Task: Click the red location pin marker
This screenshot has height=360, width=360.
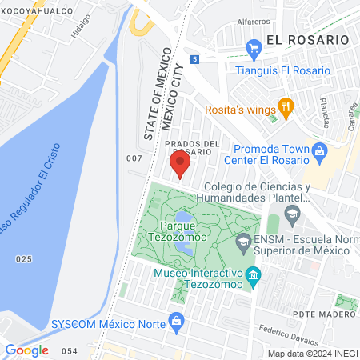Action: pos(180,165)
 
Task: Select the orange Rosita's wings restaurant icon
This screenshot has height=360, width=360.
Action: pos(285,106)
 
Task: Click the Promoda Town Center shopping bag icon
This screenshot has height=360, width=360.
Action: pos(318,150)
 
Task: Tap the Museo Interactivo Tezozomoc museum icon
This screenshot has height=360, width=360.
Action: pos(253,276)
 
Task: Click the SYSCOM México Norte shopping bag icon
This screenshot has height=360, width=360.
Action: pos(178,324)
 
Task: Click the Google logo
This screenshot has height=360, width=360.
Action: pos(26,350)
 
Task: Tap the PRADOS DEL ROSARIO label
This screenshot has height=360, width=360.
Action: pos(192,148)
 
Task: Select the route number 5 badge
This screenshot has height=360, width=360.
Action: pos(194,58)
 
